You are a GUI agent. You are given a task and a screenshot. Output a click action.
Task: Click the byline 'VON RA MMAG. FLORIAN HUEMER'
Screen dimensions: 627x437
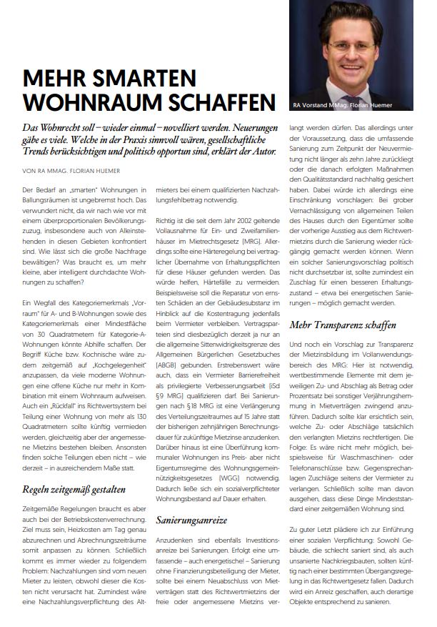click(x=69, y=170)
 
